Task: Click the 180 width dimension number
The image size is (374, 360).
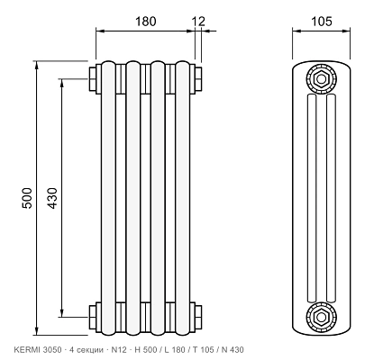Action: [146, 22]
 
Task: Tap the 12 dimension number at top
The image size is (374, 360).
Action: [198, 22]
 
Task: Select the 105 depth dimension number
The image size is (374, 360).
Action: [322, 22]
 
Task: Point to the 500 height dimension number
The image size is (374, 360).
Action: [27, 198]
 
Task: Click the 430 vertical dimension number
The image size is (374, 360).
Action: [52, 198]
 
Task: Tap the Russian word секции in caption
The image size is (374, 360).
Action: [91, 350]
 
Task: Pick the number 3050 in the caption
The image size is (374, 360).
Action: [52, 350]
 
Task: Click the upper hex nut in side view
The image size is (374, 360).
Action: [322, 79]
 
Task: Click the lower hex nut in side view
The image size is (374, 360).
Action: [322, 317]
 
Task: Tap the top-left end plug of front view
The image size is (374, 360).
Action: [93, 79]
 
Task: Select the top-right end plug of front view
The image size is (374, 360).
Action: [198, 79]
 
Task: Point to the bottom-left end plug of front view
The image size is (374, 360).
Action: [93, 317]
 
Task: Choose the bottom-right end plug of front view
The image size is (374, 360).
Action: [198, 317]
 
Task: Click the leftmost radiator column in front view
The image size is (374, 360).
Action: [108, 198]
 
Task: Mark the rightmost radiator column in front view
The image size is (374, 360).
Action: [183, 198]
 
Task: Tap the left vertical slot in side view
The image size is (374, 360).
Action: [312, 198]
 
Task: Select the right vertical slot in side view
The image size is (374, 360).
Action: [331, 198]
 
